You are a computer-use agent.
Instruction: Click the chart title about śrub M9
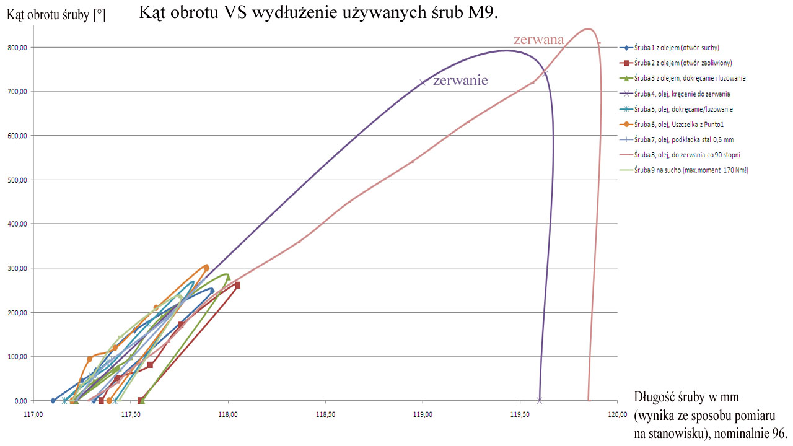click(318, 13)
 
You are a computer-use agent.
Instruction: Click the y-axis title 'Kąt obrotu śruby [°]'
click(56, 15)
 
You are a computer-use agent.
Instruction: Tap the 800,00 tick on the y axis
click(16, 48)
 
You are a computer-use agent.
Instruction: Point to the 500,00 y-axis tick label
click(16, 180)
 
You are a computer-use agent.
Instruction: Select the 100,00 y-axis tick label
click(16, 357)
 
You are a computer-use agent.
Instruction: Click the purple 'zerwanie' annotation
click(460, 81)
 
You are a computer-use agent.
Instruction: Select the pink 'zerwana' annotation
click(538, 40)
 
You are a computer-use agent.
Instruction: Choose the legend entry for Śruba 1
click(677, 48)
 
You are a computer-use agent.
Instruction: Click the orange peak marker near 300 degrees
click(206, 267)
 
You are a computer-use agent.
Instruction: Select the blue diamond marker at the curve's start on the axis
click(53, 401)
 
